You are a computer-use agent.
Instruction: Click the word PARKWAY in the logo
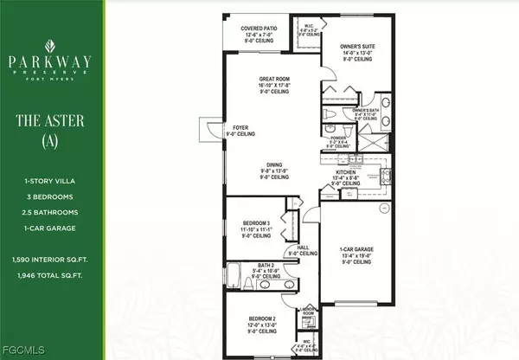pyautogui.click(x=51, y=62)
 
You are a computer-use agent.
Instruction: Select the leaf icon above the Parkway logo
pyautogui.click(x=51, y=41)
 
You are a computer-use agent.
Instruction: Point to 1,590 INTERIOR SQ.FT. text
pyautogui.click(x=51, y=259)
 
